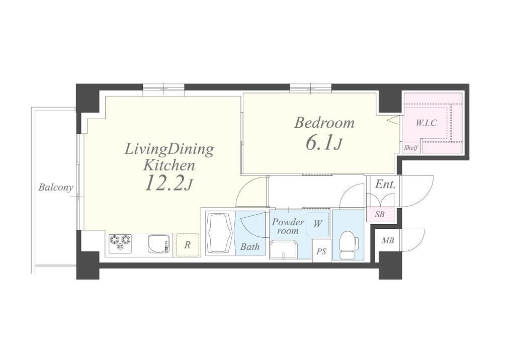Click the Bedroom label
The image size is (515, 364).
324,123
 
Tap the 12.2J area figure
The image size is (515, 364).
168,184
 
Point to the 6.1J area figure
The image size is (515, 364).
324,143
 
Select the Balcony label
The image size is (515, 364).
55,188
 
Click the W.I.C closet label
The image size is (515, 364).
426,123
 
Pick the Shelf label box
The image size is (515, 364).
411,148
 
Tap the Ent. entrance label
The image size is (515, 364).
385,185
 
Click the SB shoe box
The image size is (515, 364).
380,214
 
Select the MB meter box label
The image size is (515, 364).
388,241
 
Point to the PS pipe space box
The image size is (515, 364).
322,251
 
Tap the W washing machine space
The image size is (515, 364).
318,224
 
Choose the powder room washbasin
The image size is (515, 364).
284,250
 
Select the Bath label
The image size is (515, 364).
249,246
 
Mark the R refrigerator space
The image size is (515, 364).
188,245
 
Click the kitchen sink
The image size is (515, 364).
159,243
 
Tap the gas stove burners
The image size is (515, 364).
120,243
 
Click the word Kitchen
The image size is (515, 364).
169,165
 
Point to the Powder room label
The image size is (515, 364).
288,226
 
